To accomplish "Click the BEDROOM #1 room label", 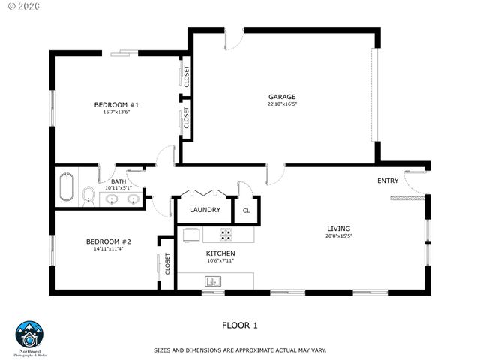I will [x=116, y=104].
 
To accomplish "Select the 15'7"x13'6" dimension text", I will [x=116, y=112].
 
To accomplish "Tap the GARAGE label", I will [x=282, y=96].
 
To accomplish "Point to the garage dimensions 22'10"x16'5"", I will [x=282, y=104].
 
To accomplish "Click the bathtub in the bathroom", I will [x=66, y=188].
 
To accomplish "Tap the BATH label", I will [x=118, y=181].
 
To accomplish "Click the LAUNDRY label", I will [x=204, y=210].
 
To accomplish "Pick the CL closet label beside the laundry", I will [x=246, y=211].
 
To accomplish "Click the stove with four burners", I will [x=226, y=234].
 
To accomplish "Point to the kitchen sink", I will [x=213, y=281].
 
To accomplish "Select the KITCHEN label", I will [x=220, y=253].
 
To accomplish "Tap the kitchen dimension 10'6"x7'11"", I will [x=220, y=262].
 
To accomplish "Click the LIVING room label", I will [x=338, y=229].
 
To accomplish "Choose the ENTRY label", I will [x=388, y=181].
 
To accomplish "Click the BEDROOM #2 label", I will [x=109, y=241].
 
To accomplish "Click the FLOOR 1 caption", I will [x=240, y=325].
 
